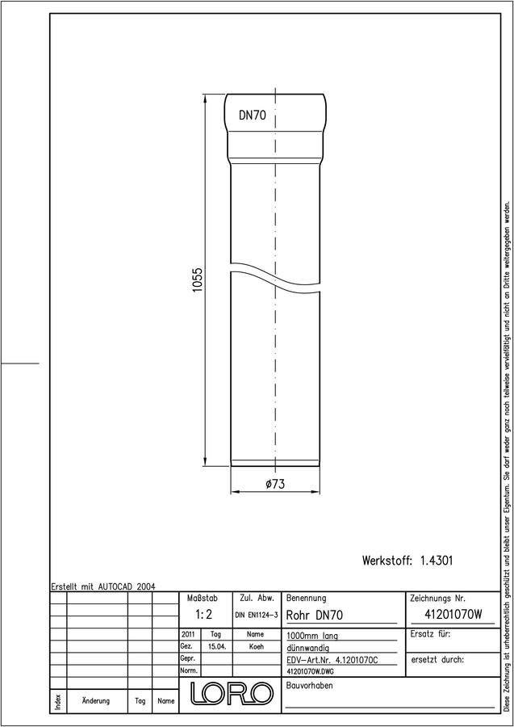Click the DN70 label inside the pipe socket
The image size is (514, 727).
(253, 116)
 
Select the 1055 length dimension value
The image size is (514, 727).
(198, 279)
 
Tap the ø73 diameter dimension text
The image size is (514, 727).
(275, 484)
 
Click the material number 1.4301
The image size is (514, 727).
(437, 561)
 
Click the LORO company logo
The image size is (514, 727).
(231, 693)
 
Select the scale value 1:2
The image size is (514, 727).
(204, 615)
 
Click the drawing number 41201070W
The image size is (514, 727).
(453, 615)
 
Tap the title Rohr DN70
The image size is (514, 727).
(315, 616)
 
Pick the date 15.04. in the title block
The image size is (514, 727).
(217, 647)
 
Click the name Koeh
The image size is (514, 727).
(256, 647)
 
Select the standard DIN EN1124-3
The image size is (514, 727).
(256, 615)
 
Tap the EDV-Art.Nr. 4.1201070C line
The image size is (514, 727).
(332, 660)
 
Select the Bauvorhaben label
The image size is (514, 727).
(309, 686)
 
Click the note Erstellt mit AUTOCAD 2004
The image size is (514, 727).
(103, 586)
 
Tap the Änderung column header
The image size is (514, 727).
(96, 700)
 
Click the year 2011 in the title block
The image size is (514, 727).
(189, 634)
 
